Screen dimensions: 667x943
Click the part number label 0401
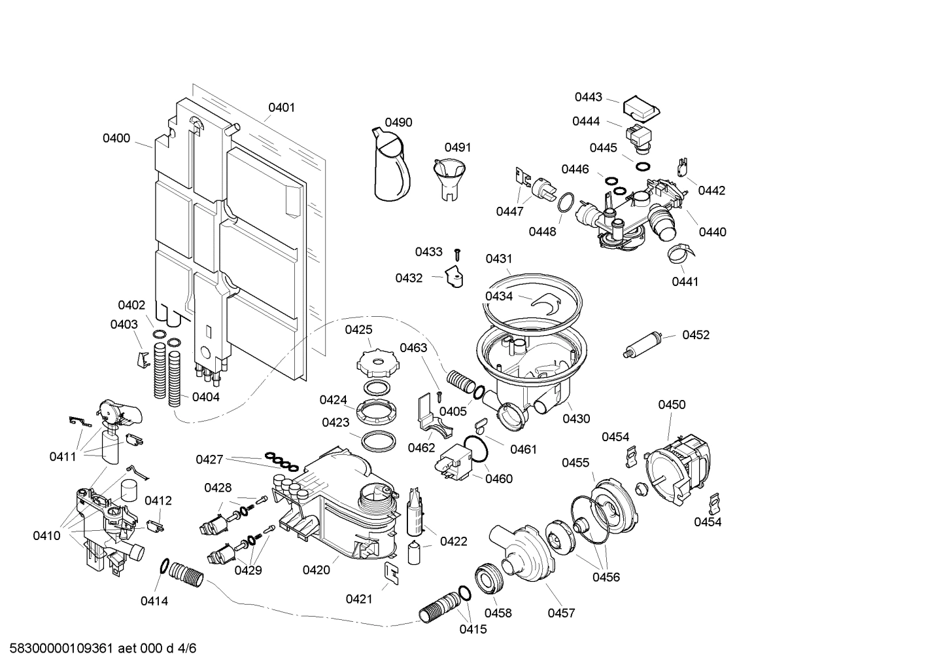coord(281,107)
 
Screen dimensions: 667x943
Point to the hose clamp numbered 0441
coord(680,254)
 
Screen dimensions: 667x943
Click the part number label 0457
coord(561,613)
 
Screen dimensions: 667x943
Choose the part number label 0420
coord(316,570)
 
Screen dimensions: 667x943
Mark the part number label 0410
coord(46,536)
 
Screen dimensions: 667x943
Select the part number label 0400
coord(116,138)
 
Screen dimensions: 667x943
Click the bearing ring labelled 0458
coord(489,578)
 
